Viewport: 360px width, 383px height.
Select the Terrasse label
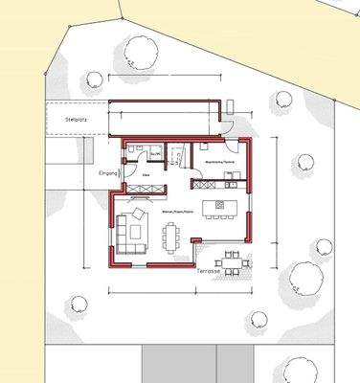click(x=210, y=271)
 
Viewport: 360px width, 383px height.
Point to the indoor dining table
click(x=172, y=236)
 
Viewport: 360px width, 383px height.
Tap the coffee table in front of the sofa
click(x=137, y=230)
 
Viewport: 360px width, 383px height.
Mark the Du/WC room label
click(x=156, y=151)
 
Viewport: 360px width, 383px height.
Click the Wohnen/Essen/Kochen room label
click(x=177, y=211)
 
